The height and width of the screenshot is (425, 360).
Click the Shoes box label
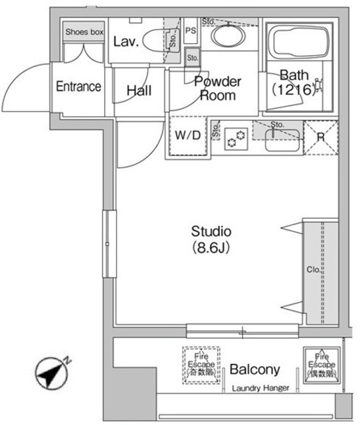(x=84, y=32)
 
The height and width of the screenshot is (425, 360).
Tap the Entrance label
(x=78, y=86)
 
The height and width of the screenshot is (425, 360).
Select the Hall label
(x=138, y=91)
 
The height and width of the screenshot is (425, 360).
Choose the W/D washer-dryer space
(x=187, y=135)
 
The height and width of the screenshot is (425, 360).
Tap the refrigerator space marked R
(x=320, y=138)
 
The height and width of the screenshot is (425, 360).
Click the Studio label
(x=211, y=232)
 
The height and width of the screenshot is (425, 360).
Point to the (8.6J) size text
(x=211, y=248)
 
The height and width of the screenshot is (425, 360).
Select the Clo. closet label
(x=312, y=270)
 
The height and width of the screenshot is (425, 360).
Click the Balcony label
(x=254, y=370)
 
